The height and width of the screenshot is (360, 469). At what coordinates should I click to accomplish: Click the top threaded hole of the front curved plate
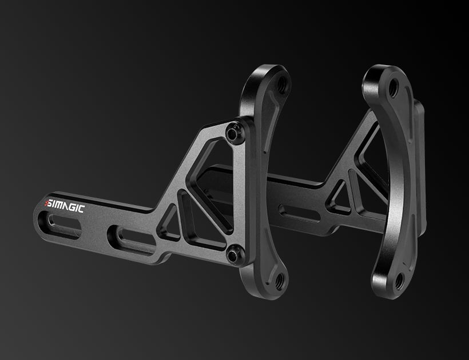pyautogui.click(x=281, y=85)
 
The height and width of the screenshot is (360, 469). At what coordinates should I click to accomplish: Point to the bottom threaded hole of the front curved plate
pyautogui.click(x=280, y=280)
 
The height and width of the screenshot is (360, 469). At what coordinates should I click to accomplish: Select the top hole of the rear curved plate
pyautogui.click(x=393, y=88)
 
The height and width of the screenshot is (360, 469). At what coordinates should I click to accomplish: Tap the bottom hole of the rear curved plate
pyautogui.click(x=399, y=281)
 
